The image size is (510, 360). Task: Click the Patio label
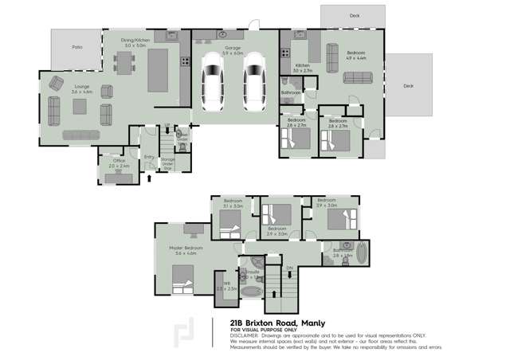(x=77, y=48)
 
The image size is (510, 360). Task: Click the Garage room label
(x=233, y=49)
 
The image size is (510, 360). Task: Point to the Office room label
(x=119, y=162)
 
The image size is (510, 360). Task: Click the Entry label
(x=149, y=156)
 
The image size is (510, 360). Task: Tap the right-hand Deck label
(x=409, y=85)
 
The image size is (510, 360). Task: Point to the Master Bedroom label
(x=186, y=248)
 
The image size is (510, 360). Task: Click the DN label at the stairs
(x=290, y=268)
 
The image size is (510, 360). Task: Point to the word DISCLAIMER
(x=244, y=335)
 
